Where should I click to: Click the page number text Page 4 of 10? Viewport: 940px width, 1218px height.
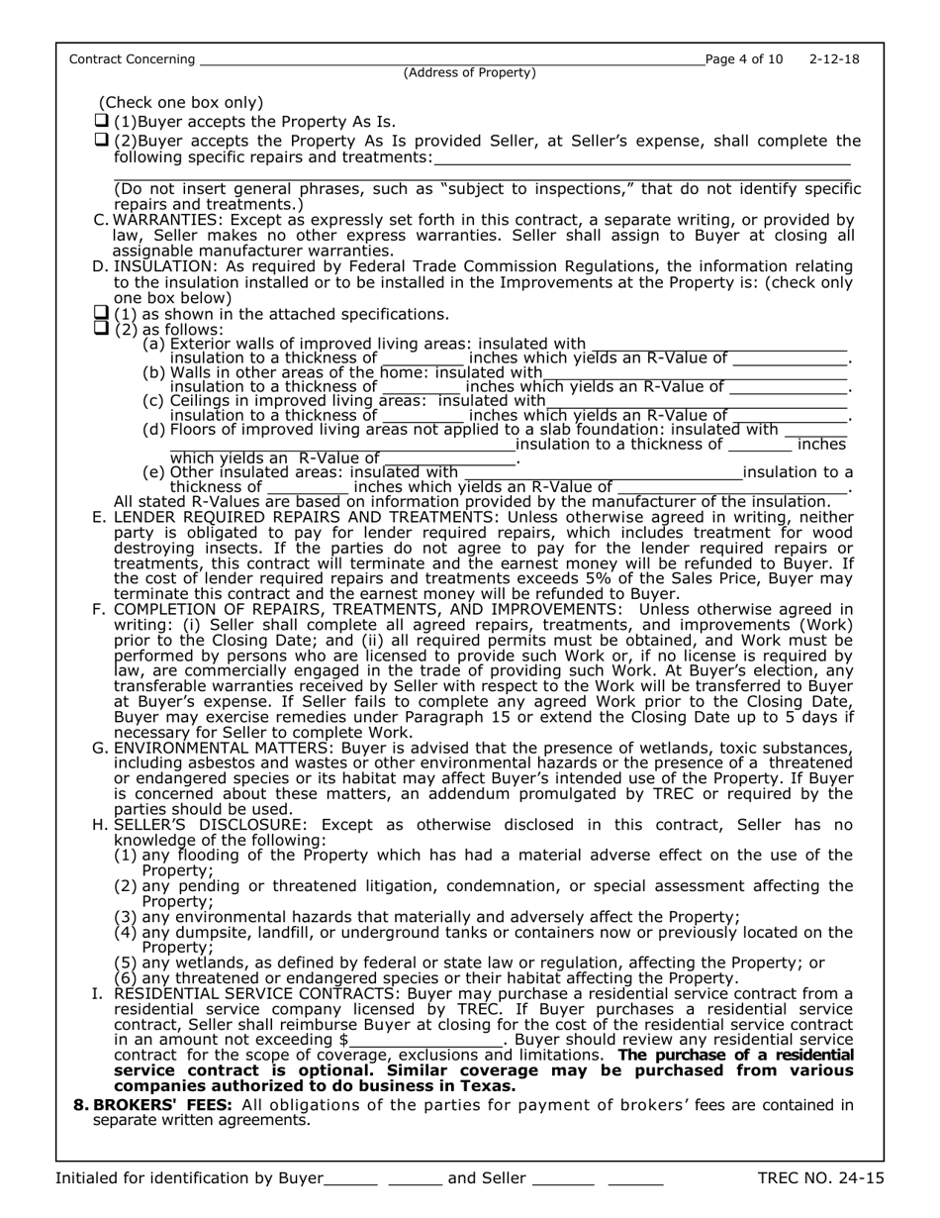coord(744,59)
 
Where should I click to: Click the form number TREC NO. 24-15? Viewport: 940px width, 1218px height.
coord(820,1178)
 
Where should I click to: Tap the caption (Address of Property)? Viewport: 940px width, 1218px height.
coord(470,72)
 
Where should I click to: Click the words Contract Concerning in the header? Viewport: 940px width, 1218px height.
coord(132,59)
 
